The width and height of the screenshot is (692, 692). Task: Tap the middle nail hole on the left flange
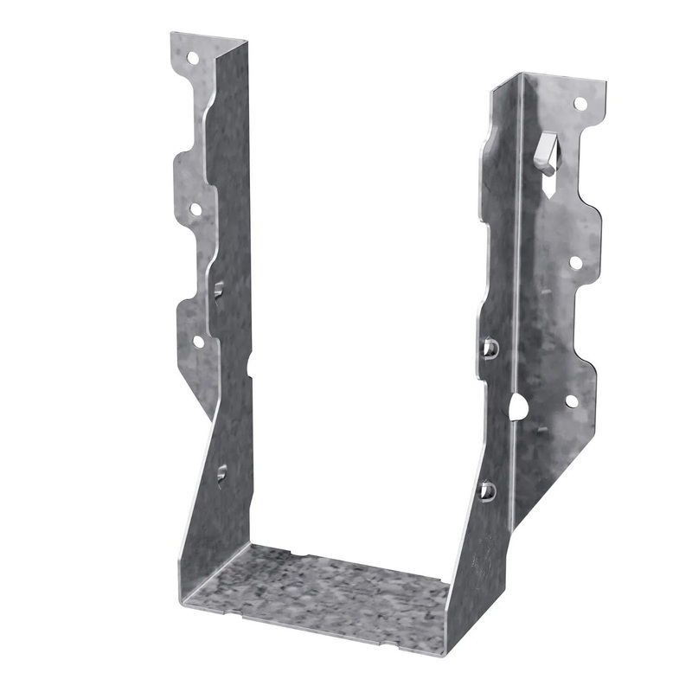pyautogui.click(x=195, y=208)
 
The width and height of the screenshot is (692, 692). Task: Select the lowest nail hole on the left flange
pyautogui.click(x=197, y=342)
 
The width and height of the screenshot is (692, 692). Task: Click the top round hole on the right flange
pyautogui.click(x=580, y=104)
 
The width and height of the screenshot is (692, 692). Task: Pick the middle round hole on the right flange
pyautogui.click(x=573, y=259)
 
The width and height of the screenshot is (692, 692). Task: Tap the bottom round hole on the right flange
pyautogui.click(x=570, y=401)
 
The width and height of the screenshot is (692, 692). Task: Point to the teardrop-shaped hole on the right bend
pyautogui.click(x=518, y=407)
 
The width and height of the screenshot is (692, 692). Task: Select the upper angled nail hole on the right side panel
pyautogui.click(x=489, y=349)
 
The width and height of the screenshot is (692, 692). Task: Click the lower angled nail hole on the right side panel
pyautogui.click(x=487, y=490)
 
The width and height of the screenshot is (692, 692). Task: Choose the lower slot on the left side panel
pyautogui.click(x=222, y=473)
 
